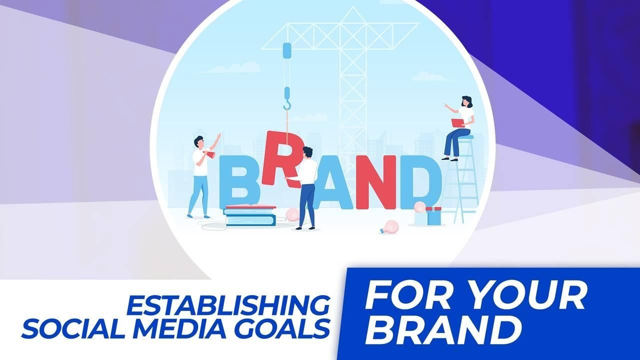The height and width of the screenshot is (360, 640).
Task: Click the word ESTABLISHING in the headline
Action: (228, 305)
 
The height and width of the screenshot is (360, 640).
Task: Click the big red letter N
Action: (376, 182)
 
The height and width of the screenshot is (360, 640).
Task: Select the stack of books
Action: (250, 215)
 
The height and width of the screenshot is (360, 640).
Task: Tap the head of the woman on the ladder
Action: (466, 101)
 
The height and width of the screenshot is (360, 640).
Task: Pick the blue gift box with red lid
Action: (433, 216)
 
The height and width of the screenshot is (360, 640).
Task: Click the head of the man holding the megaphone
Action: (199, 141)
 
